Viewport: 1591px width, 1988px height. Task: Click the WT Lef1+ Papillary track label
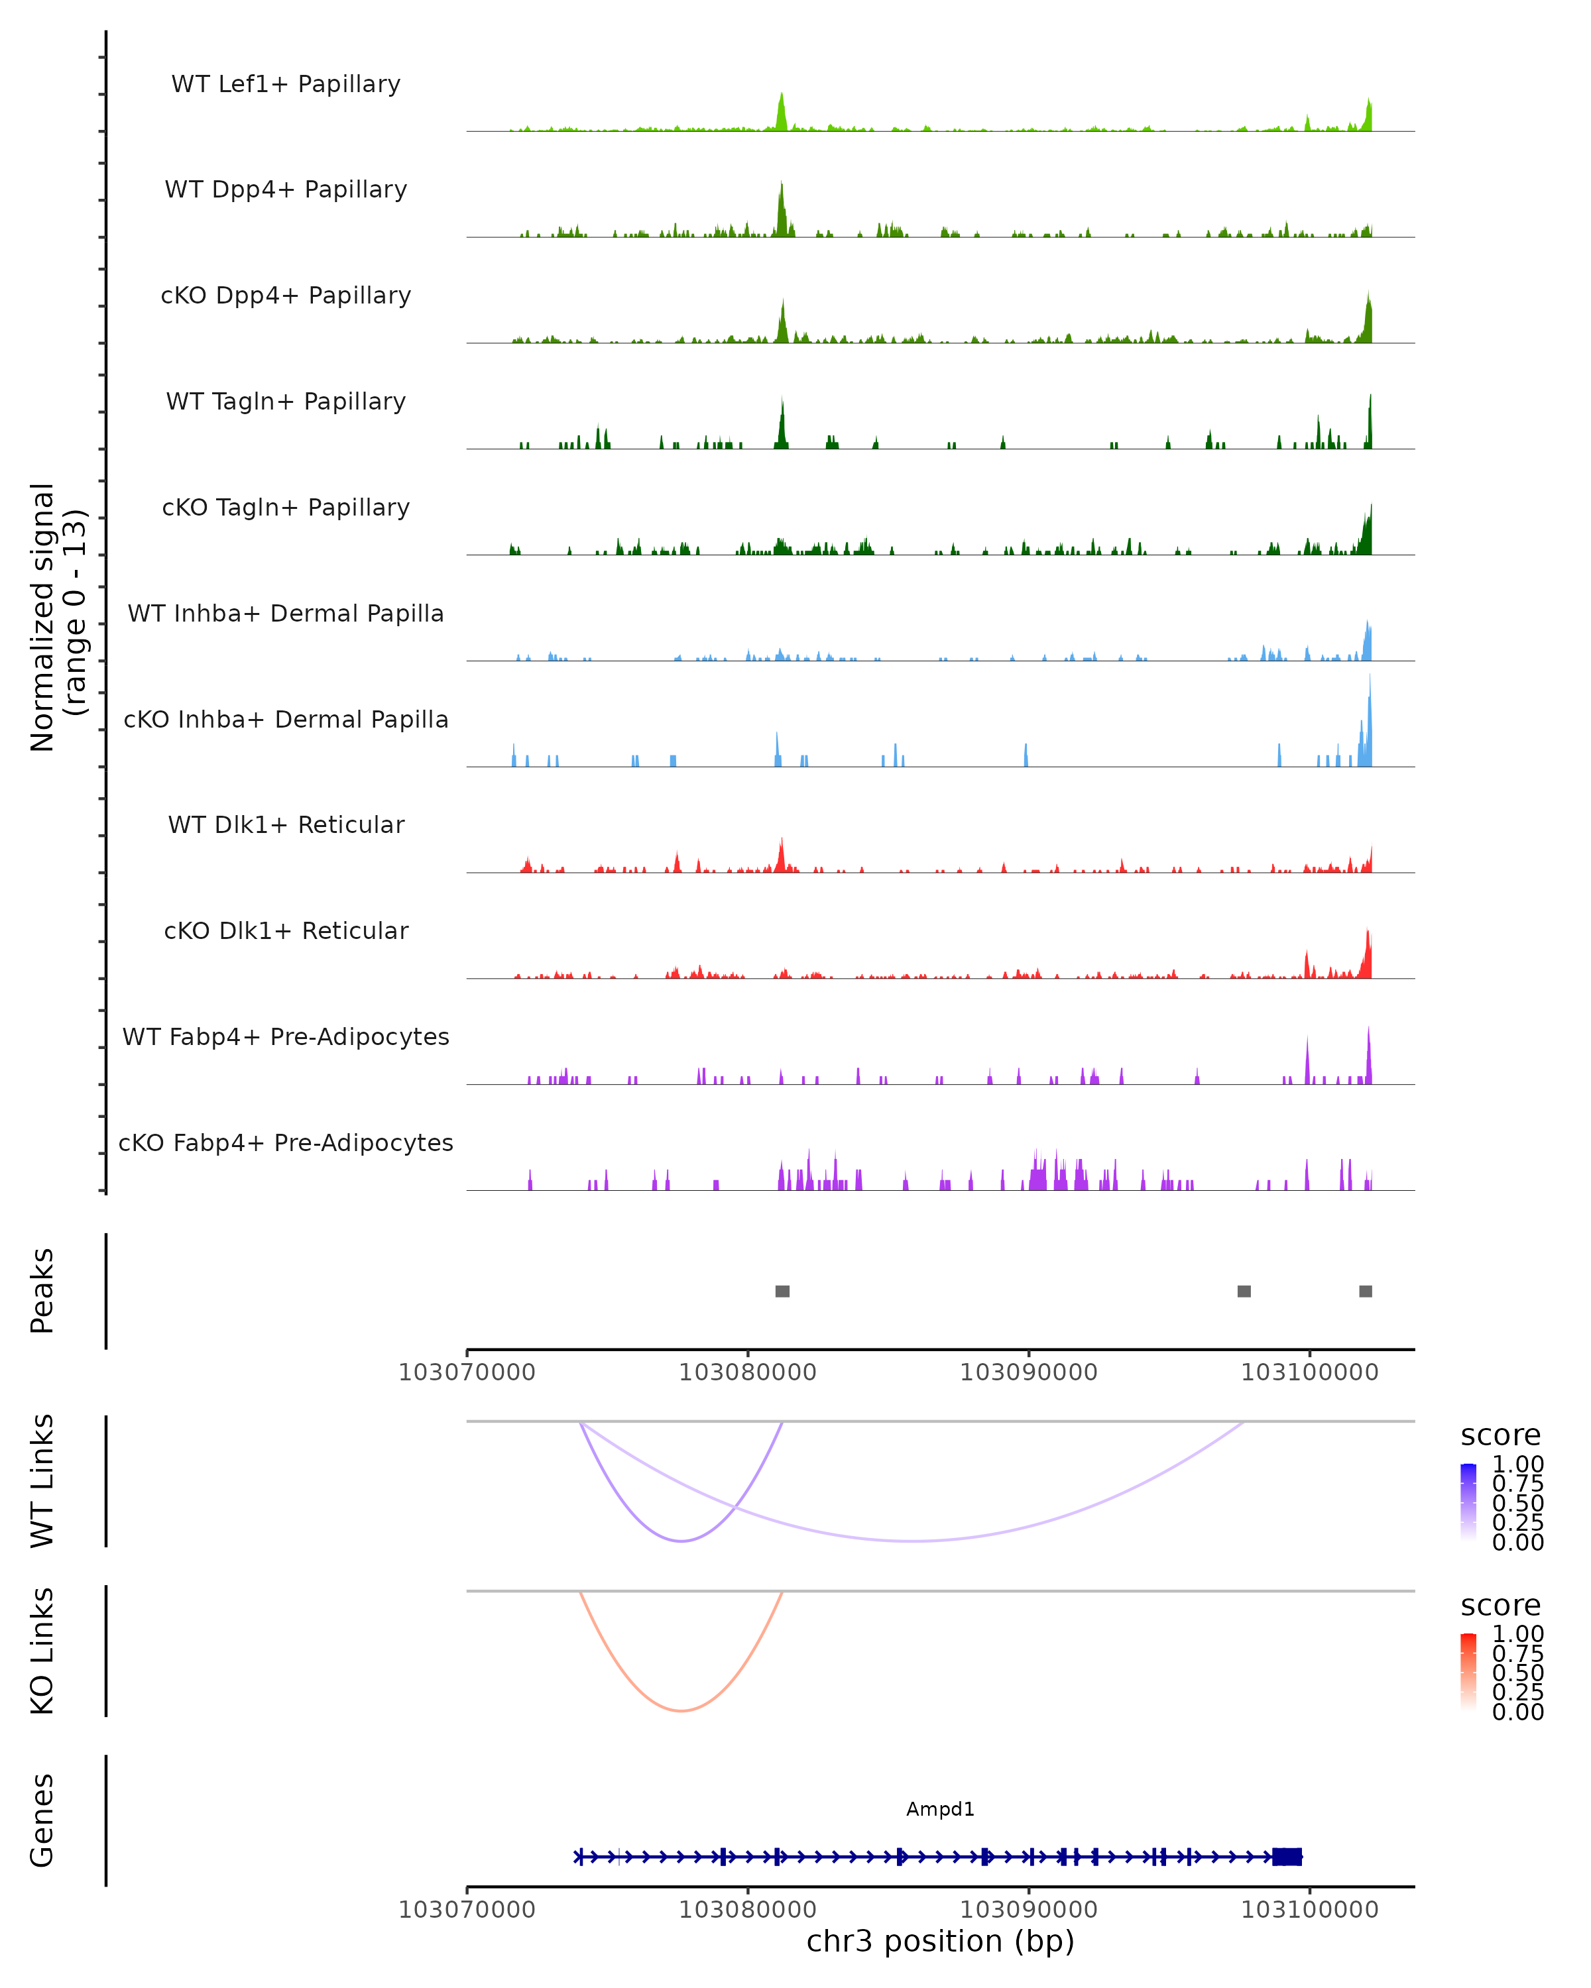coord(286,84)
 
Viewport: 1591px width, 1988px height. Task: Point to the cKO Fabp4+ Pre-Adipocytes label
coord(286,1142)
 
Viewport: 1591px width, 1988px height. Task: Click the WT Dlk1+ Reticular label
coord(286,824)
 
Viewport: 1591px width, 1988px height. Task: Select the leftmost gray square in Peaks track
coord(782,1291)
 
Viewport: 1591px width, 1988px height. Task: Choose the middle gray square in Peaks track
coord(1244,1291)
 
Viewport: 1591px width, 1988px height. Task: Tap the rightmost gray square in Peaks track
coord(1366,1291)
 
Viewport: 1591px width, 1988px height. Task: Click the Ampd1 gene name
coord(940,1809)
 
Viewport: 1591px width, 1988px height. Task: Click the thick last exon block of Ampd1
coord(1287,1857)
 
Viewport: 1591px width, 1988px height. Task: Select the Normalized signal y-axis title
coord(57,617)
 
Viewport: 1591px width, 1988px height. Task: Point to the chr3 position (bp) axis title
coord(940,1941)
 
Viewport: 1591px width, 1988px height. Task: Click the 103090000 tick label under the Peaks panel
coord(1028,1372)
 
